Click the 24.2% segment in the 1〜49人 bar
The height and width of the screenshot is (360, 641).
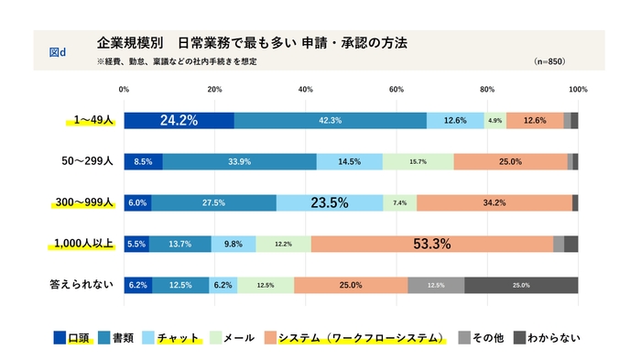pos(179,120)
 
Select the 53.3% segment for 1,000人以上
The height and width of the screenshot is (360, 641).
pos(432,244)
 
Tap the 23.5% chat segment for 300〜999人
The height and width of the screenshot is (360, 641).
pos(330,203)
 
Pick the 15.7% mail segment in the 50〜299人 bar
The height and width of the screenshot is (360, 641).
pos(418,162)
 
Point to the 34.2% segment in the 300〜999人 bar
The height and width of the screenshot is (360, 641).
pos(494,203)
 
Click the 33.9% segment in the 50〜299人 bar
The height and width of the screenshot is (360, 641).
pos(240,162)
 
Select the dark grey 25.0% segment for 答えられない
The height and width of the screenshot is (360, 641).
pos(521,285)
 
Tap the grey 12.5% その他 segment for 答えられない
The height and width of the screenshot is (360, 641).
pos(436,285)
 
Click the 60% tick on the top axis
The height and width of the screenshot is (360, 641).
pos(397,90)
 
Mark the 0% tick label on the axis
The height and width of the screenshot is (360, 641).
pos(125,90)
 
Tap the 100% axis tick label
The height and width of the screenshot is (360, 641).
pos(578,90)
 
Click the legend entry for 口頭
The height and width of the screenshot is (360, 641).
pos(73,337)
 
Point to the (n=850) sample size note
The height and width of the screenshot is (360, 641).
pos(549,61)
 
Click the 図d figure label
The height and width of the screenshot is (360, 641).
pos(57,51)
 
